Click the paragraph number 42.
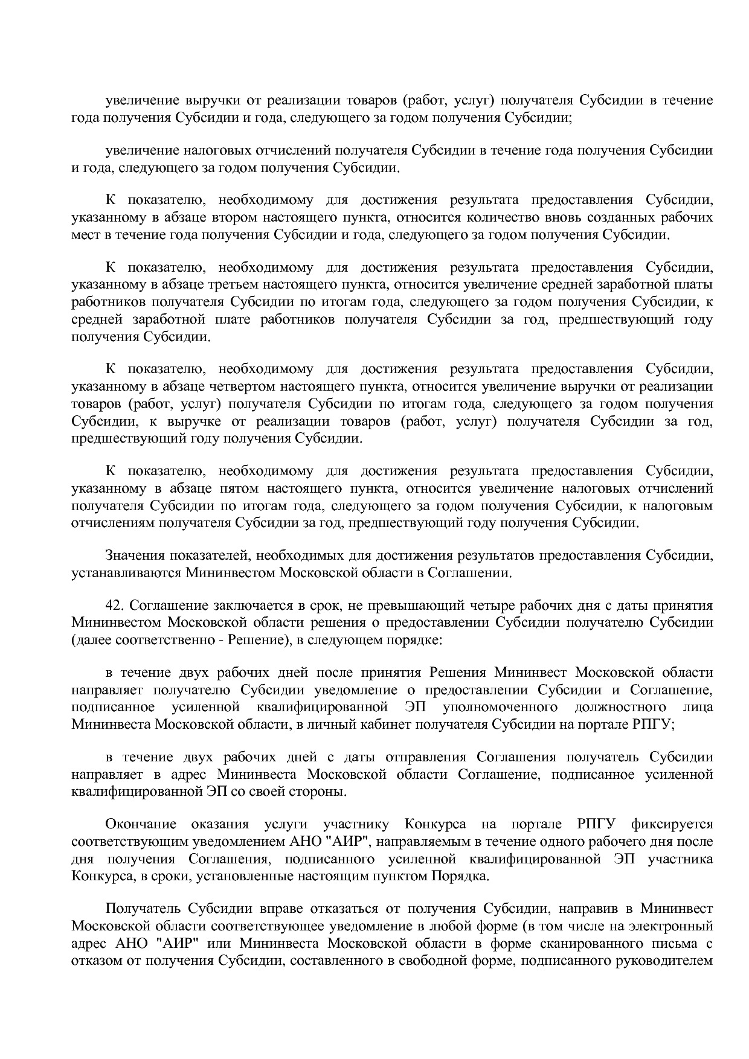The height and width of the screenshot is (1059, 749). pos(115,606)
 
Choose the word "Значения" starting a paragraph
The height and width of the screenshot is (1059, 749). pos(135,555)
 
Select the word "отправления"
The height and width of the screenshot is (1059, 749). pos(426,758)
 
